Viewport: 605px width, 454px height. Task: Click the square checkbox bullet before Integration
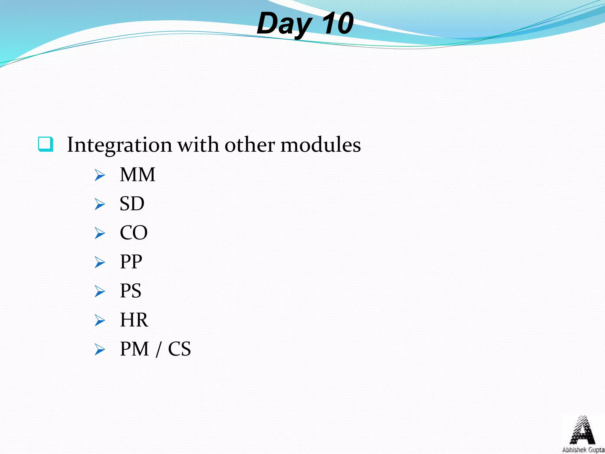coord(46,144)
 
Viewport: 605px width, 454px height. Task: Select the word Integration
coord(119,145)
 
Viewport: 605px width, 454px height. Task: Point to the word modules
coord(321,145)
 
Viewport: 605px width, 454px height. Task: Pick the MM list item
coord(137,175)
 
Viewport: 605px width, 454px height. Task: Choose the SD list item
coord(132,204)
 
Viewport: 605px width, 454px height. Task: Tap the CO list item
coord(134,233)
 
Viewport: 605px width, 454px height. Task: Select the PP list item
coord(131,262)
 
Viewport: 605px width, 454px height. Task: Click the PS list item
coord(131,291)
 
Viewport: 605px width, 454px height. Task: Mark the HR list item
coord(134,320)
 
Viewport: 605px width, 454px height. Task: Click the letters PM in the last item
coord(134,349)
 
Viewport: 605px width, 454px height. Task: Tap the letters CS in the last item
coord(179,349)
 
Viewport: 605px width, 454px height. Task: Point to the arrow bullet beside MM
coord(100,175)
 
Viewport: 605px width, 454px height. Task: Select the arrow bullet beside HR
coord(100,320)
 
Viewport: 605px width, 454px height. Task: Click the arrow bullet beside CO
coord(100,233)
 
